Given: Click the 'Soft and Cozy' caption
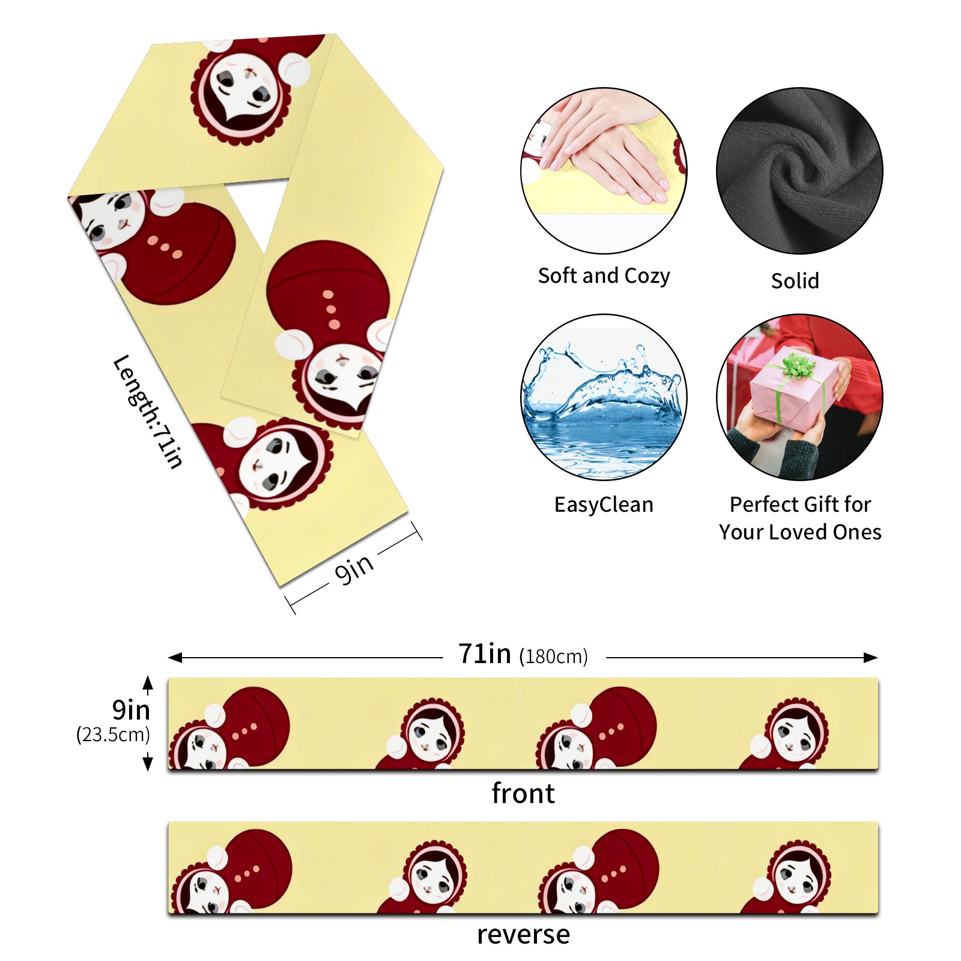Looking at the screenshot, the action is [x=604, y=276].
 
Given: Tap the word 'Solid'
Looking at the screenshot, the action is [x=795, y=280].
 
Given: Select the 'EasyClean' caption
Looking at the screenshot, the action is [x=604, y=505].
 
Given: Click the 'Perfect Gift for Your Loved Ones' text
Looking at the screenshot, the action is [x=800, y=518].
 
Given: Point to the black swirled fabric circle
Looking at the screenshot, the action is [x=799, y=171].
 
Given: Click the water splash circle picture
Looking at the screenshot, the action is [x=604, y=397].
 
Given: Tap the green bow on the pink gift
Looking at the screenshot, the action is [x=797, y=365].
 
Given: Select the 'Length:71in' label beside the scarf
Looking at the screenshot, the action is [x=148, y=411].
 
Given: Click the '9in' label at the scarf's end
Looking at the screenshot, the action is [x=354, y=568].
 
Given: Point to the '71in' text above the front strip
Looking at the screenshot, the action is [x=484, y=653].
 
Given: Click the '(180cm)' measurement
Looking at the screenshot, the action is [x=553, y=656].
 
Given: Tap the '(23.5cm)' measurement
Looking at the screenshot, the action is [x=113, y=735].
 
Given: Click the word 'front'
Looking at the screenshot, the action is [x=523, y=793].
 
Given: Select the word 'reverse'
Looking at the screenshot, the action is [x=523, y=935].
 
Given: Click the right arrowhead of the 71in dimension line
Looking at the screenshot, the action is [x=872, y=658].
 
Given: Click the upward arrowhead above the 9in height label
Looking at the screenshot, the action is [x=148, y=683].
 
